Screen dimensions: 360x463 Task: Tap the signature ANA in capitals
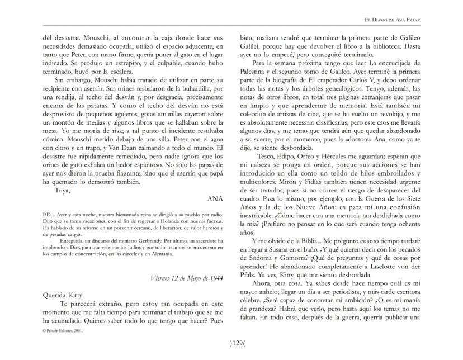point(216,198)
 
